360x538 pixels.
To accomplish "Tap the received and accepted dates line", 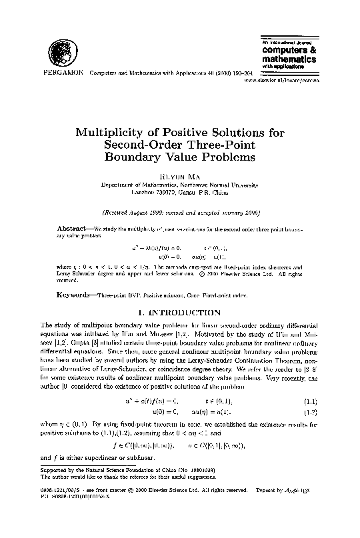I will (x=179, y=213).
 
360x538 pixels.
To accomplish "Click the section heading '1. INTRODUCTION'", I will (x=179, y=312).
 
